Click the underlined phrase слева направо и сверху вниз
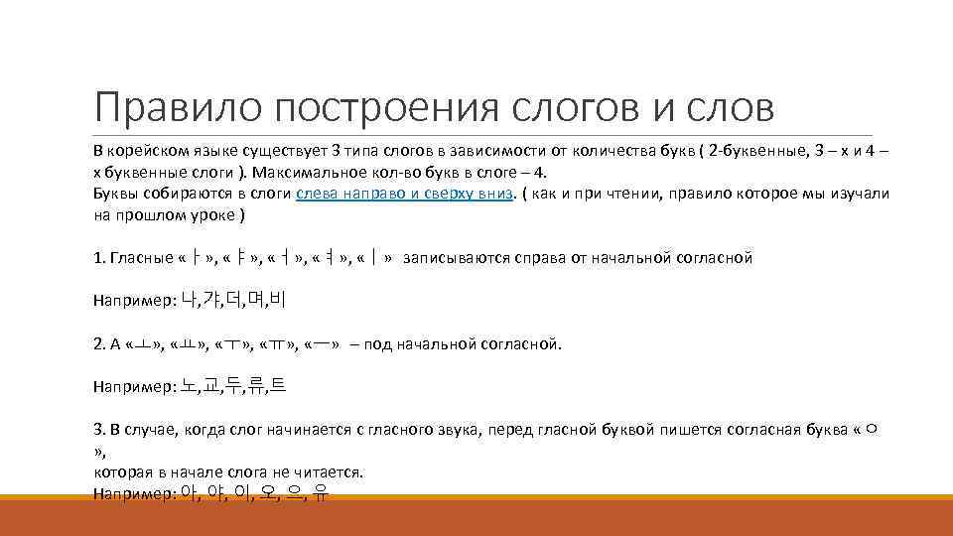pos(405,194)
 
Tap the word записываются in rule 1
pos(453,258)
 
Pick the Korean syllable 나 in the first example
pos(190,299)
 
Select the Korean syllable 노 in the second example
pos(190,386)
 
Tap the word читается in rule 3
pos(334,471)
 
